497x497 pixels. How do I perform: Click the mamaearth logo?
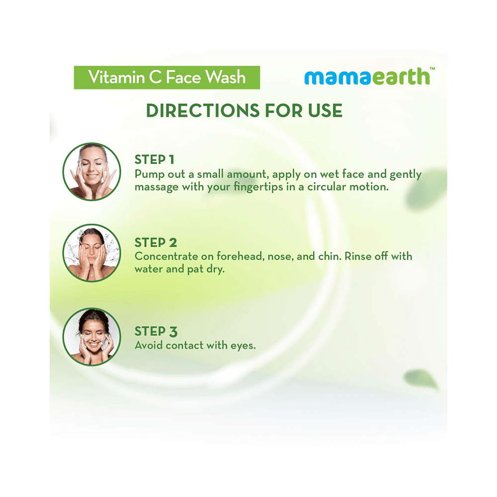(366, 77)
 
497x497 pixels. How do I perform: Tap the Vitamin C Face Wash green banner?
(166, 78)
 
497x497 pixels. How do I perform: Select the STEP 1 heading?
(155, 160)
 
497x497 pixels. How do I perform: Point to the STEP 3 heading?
(156, 331)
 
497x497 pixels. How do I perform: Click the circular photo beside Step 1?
(92, 172)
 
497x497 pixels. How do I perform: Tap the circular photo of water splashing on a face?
(92, 252)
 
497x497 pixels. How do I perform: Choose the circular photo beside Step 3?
(92, 337)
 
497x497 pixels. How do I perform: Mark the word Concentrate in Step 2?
(166, 257)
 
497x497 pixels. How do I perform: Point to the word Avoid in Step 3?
(148, 344)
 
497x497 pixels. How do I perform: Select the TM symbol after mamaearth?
(432, 69)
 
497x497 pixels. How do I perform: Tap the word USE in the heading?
(323, 111)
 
